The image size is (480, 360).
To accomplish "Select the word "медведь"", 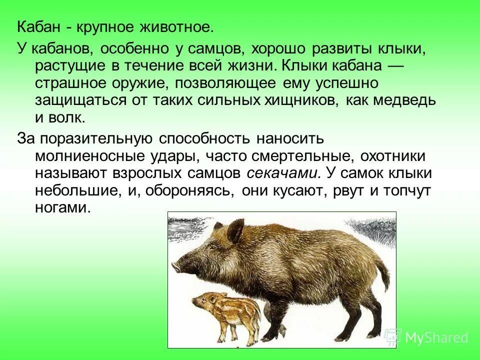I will (x=399, y=100).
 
